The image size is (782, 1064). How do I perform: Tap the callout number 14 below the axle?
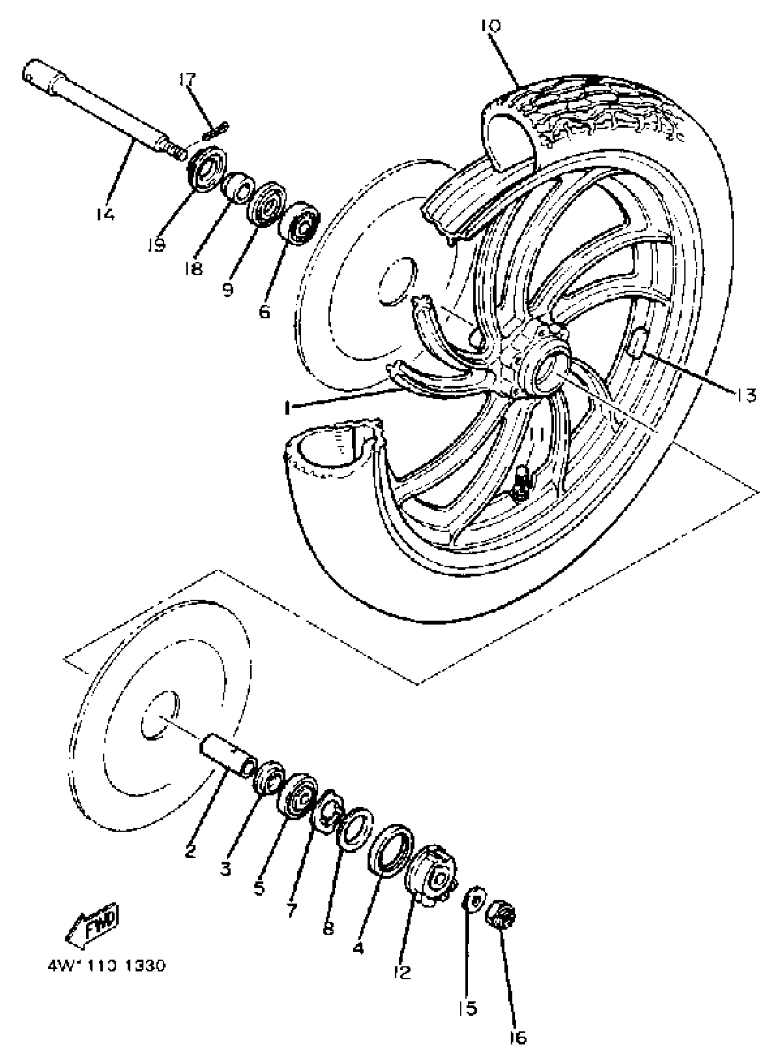[104, 214]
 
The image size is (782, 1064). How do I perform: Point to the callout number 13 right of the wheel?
[745, 394]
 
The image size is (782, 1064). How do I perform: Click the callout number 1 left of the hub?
[287, 406]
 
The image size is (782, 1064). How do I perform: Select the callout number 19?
[156, 245]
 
